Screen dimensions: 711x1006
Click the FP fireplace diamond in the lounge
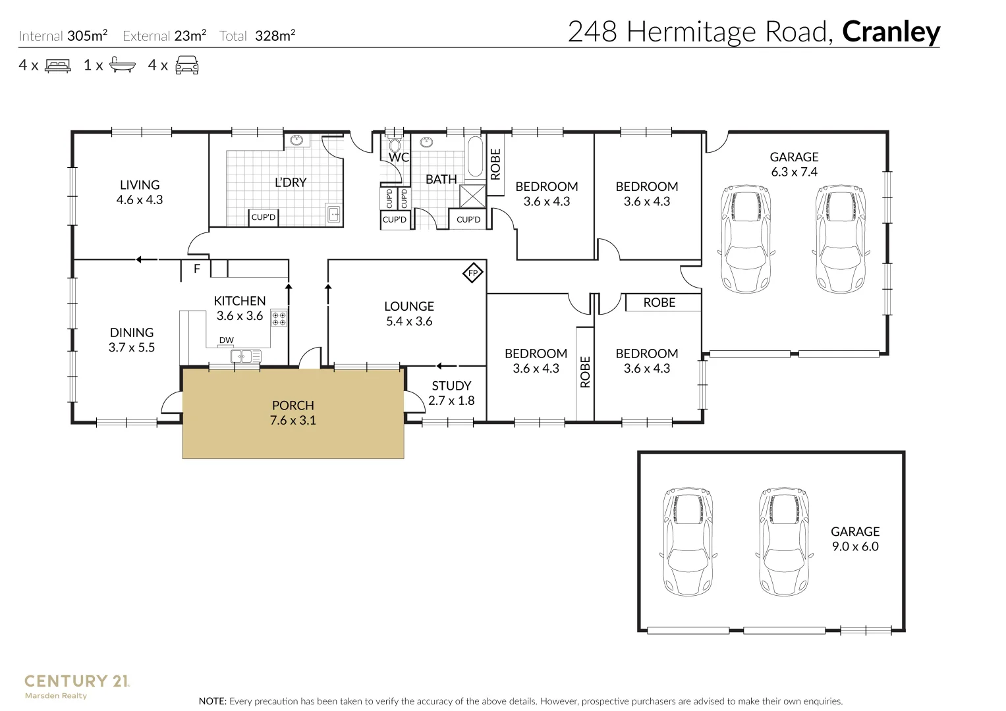pyautogui.click(x=472, y=273)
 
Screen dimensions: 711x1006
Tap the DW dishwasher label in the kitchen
pyautogui.click(x=226, y=340)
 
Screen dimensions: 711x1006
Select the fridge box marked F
pyautogui.click(x=196, y=269)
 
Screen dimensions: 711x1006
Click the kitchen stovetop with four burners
pyautogui.click(x=279, y=318)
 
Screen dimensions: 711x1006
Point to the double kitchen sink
pyautogui.click(x=246, y=357)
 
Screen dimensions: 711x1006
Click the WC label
pyautogui.click(x=399, y=157)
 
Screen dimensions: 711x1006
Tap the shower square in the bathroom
pyautogui.click(x=472, y=197)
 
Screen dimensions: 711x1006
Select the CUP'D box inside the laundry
pyautogui.click(x=263, y=217)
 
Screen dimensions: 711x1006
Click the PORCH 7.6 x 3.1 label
pyautogui.click(x=293, y=413)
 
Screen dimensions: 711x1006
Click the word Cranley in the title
pyautogui.click(x=891, y=32)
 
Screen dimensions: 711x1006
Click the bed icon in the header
pyautogui.click(x=57, y=66)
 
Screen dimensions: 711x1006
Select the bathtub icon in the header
pyautogui.click(x=122, y=65)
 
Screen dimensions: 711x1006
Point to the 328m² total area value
pyautogui.click(x=275, y=36)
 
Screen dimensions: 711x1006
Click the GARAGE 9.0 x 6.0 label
pyautogui.click(x=855, y=539)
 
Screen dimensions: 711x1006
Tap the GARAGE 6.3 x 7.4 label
pyautogui.click(x=794, y=164)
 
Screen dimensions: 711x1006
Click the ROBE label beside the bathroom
pyautogui.click(x=496, y=164)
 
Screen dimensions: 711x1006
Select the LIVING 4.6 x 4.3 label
pyautogui.click(x=140, y=192)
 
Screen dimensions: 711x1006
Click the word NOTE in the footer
pyautogui.click(x=213, y=701)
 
